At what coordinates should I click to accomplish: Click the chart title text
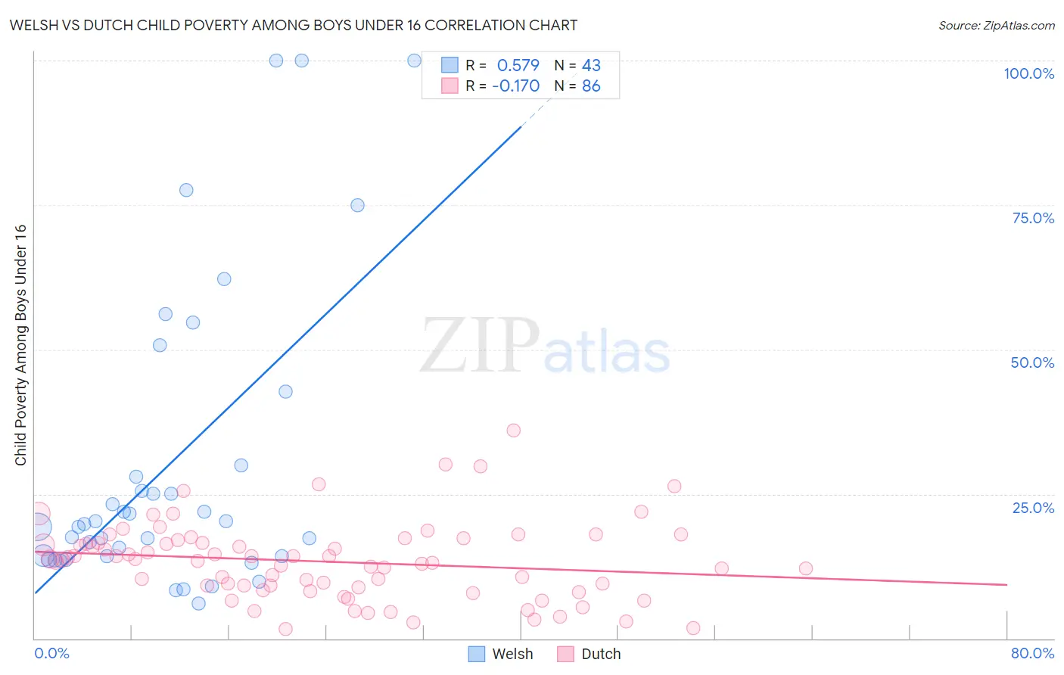pyautogui.click(x=293, y=25)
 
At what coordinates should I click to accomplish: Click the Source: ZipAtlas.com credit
pyautogui.click(x=996, y=25)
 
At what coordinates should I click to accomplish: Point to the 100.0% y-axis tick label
pyautogui.click(x=1028, y=73)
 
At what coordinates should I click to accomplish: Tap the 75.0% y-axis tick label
pyautogui.click(x=1033, y=218)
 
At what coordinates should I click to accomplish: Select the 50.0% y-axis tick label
pyautogui.click(x=1032, y=362)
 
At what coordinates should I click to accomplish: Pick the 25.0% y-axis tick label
pyautogui.click(x=1033, y=508)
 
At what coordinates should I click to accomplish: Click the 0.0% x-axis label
pyautogui.click(x=51, y=653)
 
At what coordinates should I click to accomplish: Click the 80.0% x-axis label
pyautogui.click(x=1032, y=653)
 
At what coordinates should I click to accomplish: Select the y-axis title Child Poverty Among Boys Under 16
pyautogui.click(x=20, y=345)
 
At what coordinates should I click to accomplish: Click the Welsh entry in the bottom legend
pyautogui.click(x=512, y=654)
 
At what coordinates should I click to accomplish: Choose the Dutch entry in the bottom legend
pyautogui.click(x=601, y=654)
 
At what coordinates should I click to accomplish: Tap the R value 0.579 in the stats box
pyautogui.click(x=518, y=66)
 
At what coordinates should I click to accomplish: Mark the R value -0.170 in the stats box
pyautogui.click(x=515, y=86)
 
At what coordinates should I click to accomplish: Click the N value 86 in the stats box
pyautogui.click(x=591, y=86)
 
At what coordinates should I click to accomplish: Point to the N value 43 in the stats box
pyautogui.click(x=591, y=66)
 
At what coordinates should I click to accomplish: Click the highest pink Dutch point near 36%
pyautogui.click(x=514, y=431)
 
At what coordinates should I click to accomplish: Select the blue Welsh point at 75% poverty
pyautogui.click(x=358, y=205)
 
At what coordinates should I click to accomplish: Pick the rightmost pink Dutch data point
pyautogui.click(x=806, y=568)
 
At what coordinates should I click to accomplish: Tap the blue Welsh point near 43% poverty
pyautogui.click(x=285, y=391)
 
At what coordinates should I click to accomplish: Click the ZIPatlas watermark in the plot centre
pyautogui.click(x=545, y=347)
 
